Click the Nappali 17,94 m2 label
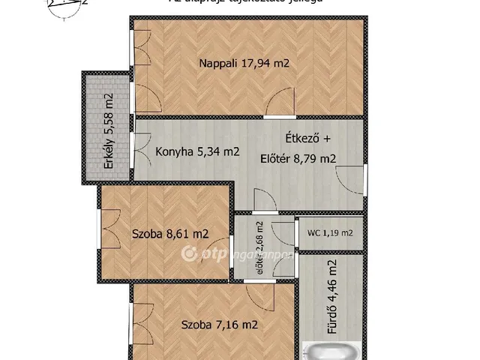coord(244,64)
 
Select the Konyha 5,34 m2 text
coord(197,151)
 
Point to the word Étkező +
coord(307,139)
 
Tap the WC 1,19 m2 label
coord(330,232)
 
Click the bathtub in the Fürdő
coord(334,351)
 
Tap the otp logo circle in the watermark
coord(189,254)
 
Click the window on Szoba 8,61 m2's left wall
coord(98,234)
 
